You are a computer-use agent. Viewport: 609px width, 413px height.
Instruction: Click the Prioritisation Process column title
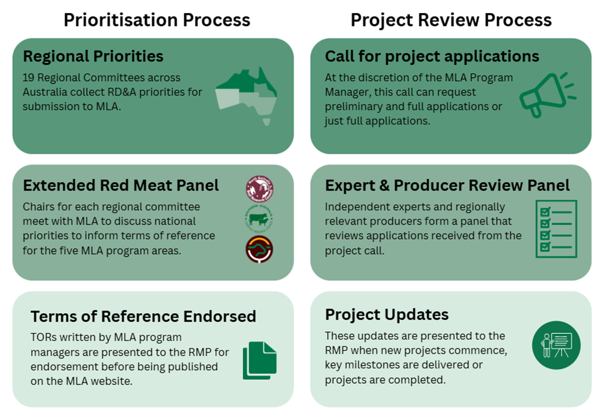click(157, 20)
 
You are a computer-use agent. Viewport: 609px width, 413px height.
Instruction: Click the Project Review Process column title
click(451, 20)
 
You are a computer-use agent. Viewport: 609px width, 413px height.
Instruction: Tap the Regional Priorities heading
click(93, 56)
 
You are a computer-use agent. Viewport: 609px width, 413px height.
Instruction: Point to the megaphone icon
click(547, 95)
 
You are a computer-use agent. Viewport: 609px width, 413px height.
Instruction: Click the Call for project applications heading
click(432, 56)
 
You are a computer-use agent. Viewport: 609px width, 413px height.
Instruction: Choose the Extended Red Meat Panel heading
click(121, 185)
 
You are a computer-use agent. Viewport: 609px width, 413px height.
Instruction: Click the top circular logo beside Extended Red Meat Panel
click(259, 189)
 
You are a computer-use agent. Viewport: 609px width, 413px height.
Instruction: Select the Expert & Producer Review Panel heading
click(447, 185)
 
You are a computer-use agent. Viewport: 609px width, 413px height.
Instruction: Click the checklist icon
click(556, 228)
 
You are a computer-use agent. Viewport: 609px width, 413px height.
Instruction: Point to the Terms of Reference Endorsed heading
click(143, 316)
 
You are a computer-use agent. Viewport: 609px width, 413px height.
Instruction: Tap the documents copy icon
click(259, 360)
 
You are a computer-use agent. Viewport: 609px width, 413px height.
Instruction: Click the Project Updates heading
click(387, 314)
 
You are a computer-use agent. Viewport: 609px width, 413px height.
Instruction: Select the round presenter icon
click(556, 344)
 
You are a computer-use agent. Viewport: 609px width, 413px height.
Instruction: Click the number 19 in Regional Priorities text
click(29, 78)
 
